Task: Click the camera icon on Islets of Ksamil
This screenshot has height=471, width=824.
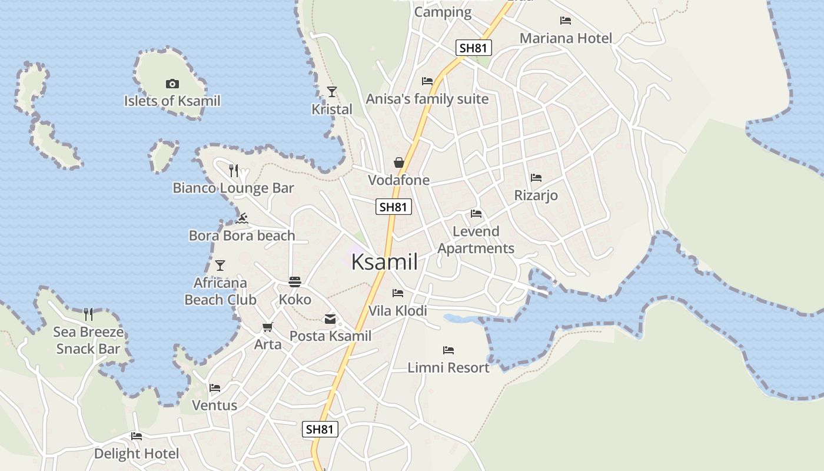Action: [172, 84]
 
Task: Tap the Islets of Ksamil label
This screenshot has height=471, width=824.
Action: [172, 101]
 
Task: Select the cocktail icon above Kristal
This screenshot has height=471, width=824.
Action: [332, 91]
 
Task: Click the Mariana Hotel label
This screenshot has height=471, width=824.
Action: [566, 38]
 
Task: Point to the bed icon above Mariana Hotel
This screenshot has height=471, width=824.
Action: [566, 21]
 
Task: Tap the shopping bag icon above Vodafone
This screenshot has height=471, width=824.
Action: [399, 162]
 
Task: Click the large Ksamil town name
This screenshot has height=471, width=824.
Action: [384, 262]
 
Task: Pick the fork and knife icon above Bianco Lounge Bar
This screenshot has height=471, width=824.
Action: [234, 171]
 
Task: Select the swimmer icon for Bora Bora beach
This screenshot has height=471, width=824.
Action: [241, 218]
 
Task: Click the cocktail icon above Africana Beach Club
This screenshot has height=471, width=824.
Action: [220, 266]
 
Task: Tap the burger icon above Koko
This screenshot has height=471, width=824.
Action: [295, 282]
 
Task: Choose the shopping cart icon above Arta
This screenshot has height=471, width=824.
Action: [268, 327]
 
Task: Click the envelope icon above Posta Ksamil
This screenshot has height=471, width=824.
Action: [330, 319]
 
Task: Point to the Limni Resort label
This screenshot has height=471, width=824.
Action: [448, 367]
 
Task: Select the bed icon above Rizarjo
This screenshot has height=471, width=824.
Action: [536, 177]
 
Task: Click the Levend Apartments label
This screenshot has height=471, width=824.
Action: [476, 240]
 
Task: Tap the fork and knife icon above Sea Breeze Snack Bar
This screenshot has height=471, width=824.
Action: [88, 314]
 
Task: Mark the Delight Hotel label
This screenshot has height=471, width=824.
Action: [137, 454]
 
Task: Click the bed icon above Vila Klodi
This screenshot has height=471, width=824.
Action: [398, 293]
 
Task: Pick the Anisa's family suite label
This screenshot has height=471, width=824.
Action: [427, 99]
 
